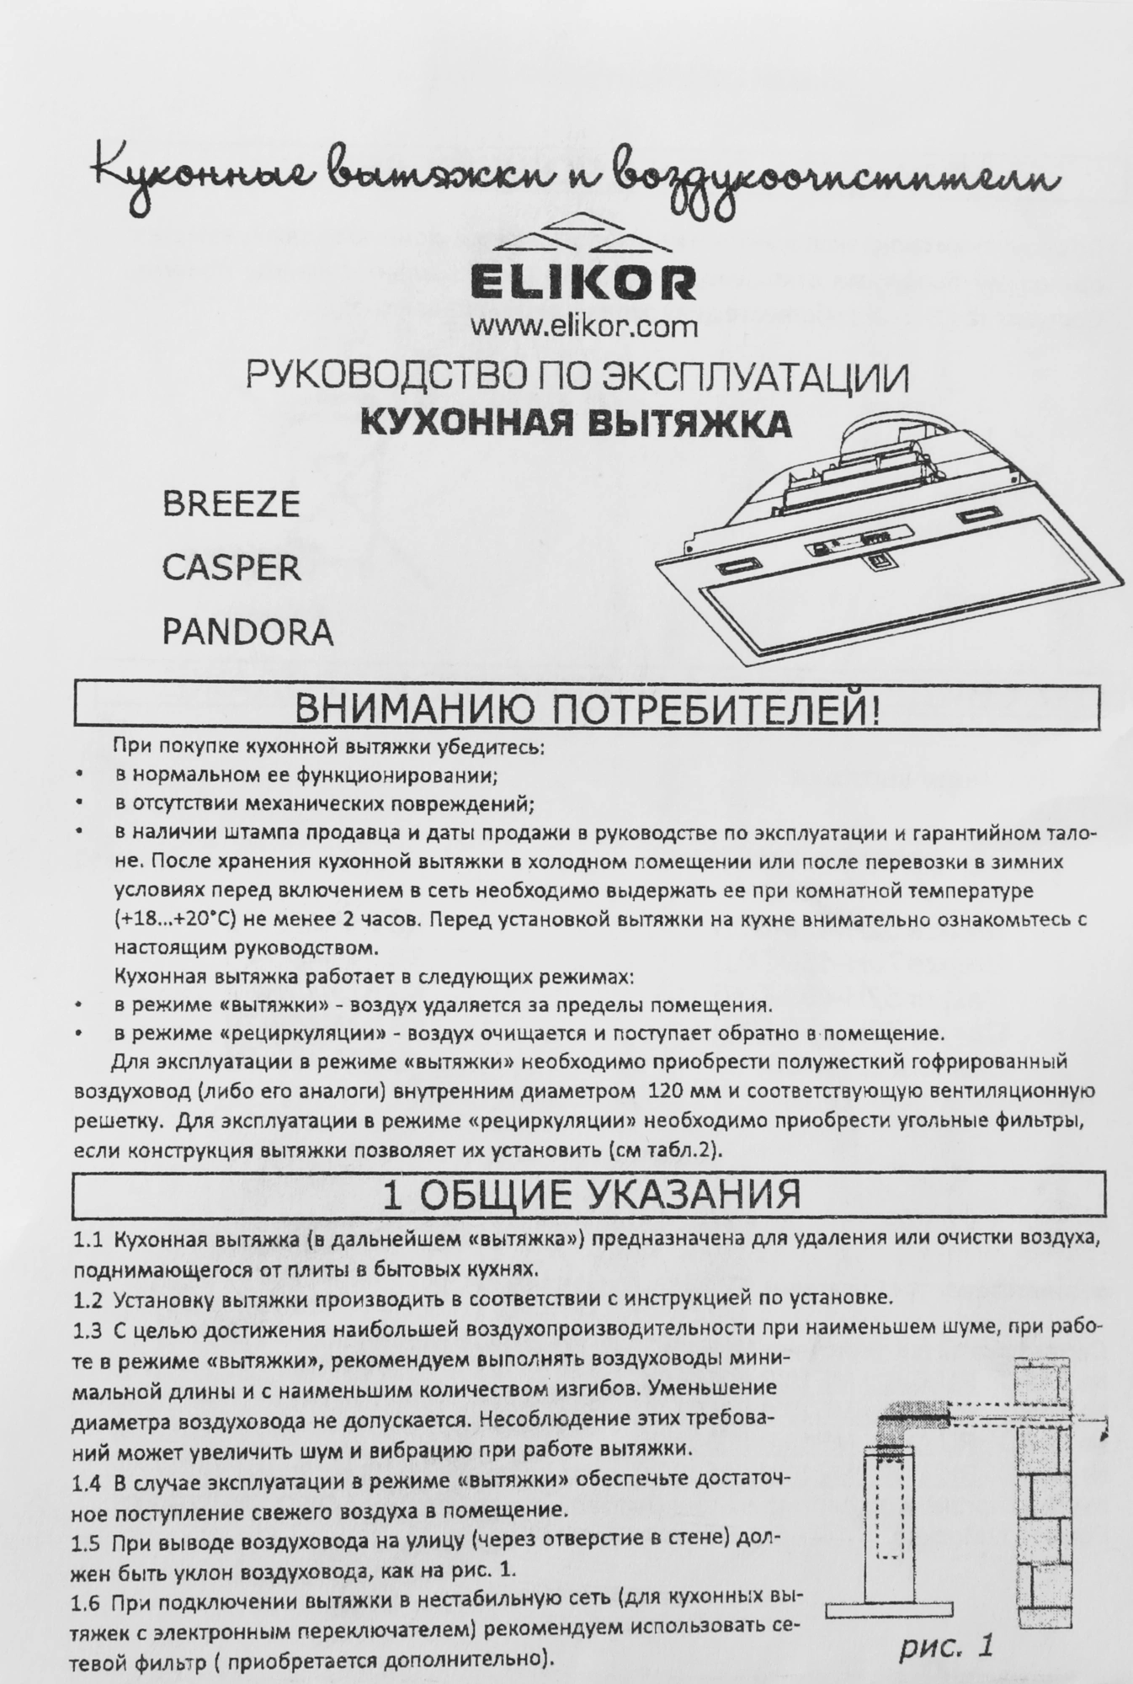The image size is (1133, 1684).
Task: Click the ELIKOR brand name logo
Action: (x=584, y=284)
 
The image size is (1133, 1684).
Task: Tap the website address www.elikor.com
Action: (x=584, y=324)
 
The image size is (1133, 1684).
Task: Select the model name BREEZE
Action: (x=231, y=504)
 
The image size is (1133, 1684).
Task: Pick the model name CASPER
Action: (x=231, y=568)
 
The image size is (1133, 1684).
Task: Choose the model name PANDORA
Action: (x=247, y=631)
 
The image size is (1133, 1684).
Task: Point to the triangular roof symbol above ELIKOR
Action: (x=584, y=233)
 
